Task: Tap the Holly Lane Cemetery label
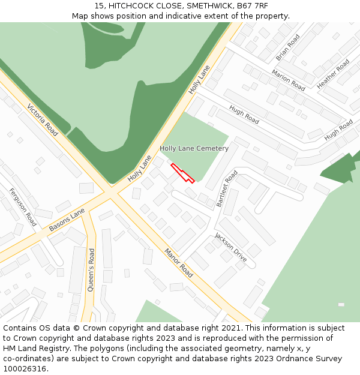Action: pyautogui.click(x=194, y=148)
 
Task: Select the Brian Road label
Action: pyautogui.click(x=287, y=47)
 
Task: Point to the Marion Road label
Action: pyautogui.click(x=288, y=80)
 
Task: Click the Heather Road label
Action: pyautogui.click(x=333, y=74)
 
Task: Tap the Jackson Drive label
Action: pyautogui.click(x=231, y=247)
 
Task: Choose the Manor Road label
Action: pyautogui.click(x=179, y=263)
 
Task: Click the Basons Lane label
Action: pyautogui.click(x=67, y=220)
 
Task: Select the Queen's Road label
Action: pyautogui.click(x=91, y=270)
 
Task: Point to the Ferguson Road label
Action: pyautogui.click(x=23, y=208)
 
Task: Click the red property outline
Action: pyautogui.click(x=182, y=172)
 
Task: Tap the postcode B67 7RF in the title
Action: pyautogui.click(x=253, y=6)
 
